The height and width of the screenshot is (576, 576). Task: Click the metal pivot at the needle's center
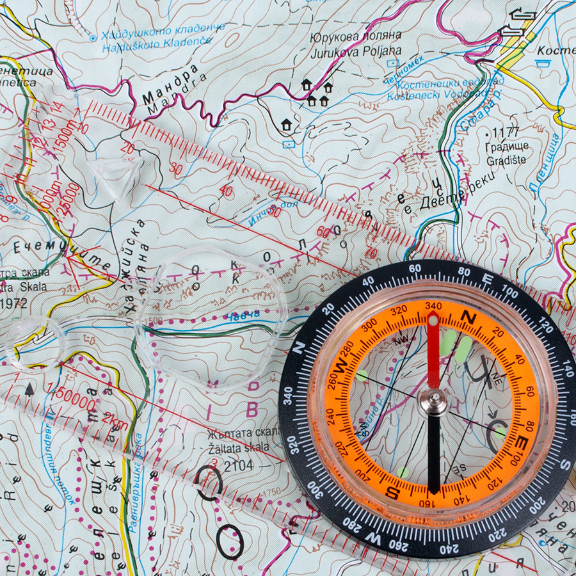(435, 402)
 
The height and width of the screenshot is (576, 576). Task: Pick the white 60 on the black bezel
(414, 269)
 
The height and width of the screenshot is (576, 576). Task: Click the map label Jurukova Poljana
(356, 51)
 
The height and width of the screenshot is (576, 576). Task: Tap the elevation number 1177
(505, 133)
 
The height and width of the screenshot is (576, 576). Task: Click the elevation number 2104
(236, 465)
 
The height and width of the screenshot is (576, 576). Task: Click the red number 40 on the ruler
(225, 191)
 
